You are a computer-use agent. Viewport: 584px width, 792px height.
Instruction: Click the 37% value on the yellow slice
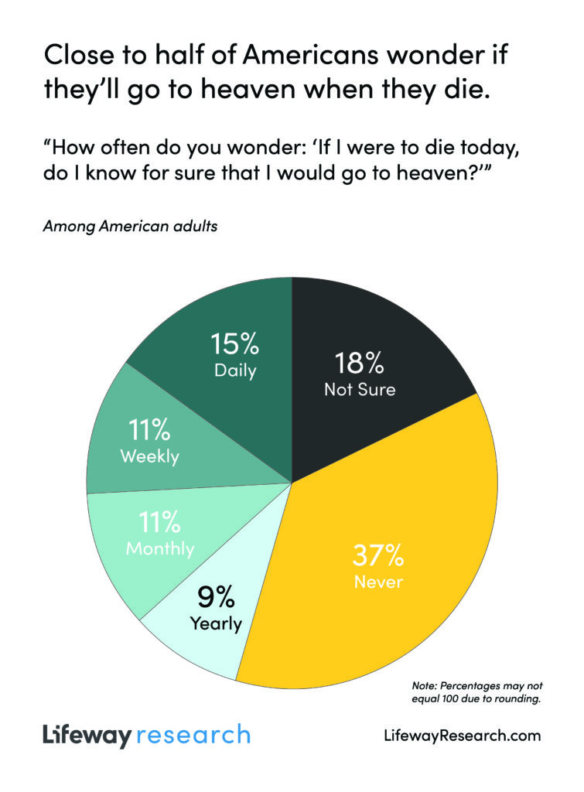[x=378, y=555]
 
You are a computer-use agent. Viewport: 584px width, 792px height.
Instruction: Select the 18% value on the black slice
[x=360, y=363]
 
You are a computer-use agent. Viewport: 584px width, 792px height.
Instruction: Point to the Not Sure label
[x=360, y=389]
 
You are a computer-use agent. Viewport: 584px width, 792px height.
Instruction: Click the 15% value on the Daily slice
[x=235, y=344]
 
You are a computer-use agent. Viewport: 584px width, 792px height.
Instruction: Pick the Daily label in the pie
[x=235, y=370]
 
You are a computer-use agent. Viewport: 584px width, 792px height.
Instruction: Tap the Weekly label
[x=149, y=456]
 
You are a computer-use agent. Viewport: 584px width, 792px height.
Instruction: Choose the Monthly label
[x=160, y=549]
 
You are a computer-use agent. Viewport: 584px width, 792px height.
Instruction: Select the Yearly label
[x=216, y=623]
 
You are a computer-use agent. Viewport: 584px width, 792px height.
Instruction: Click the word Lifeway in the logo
[x=87, y=735]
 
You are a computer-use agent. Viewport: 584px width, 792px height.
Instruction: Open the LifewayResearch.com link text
[x=463, y=736]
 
